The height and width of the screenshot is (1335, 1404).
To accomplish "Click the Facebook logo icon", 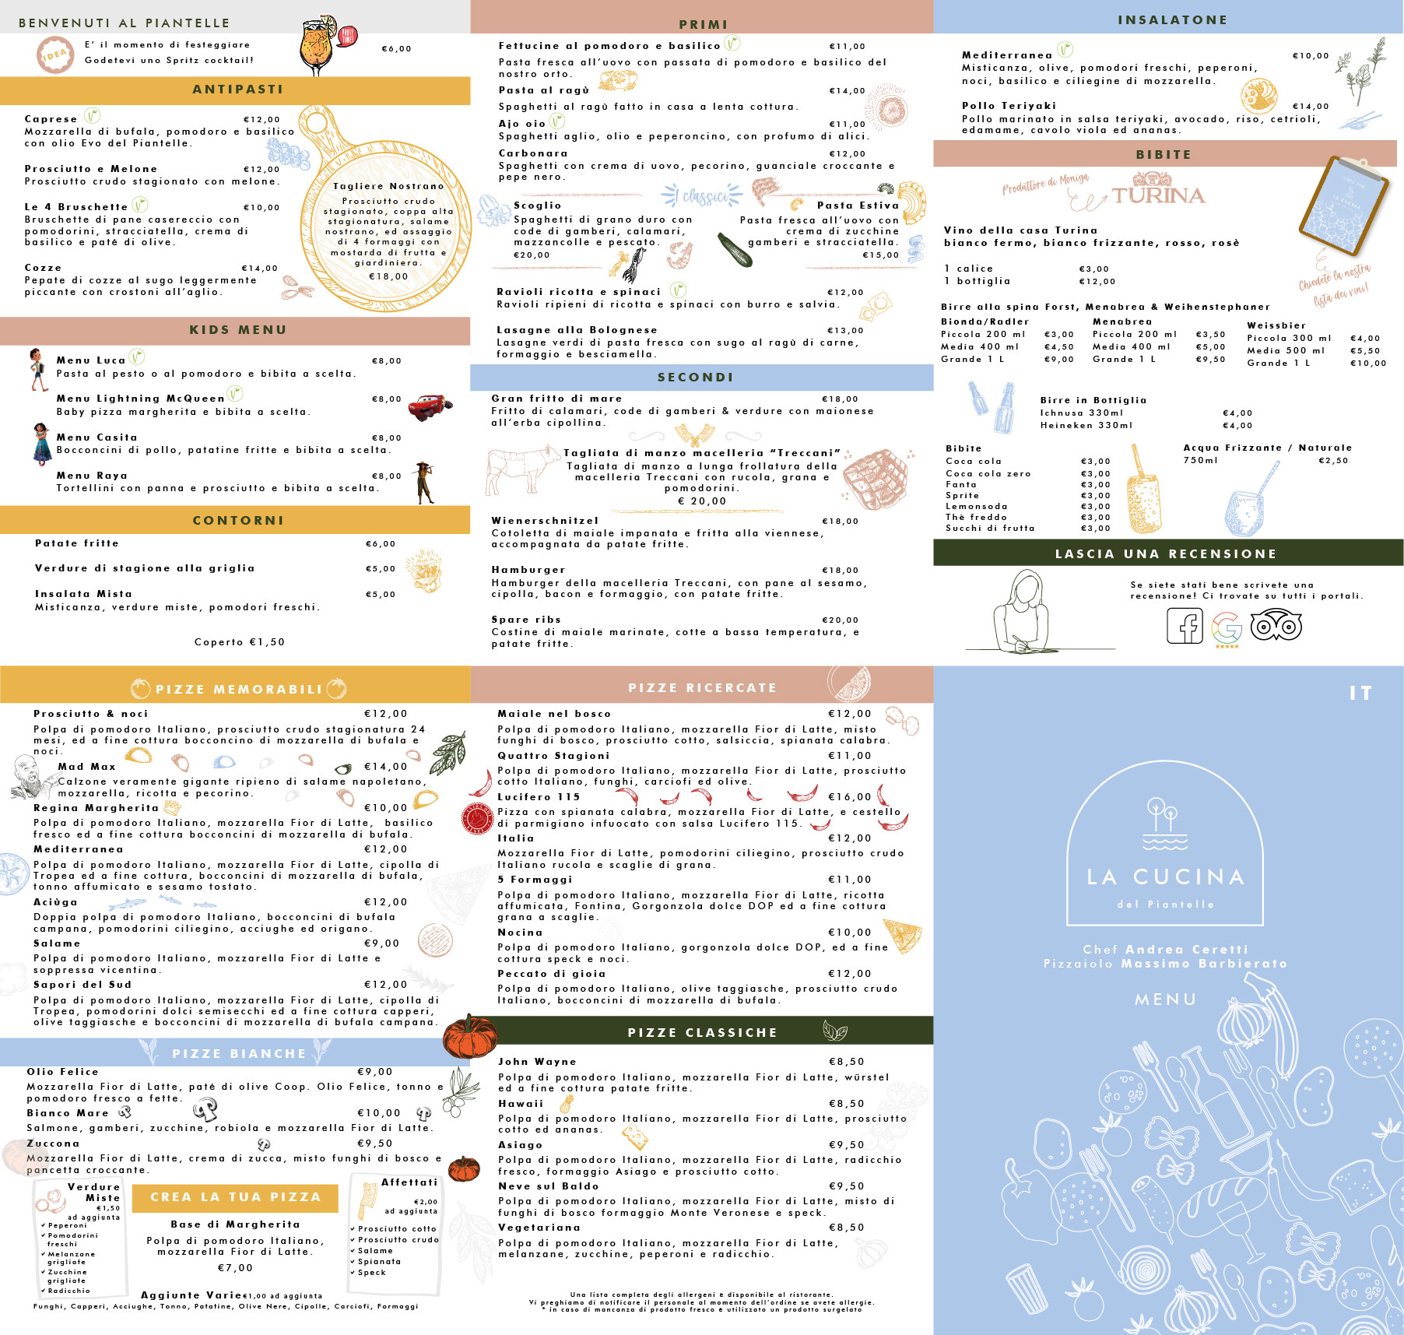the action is [1185, 625].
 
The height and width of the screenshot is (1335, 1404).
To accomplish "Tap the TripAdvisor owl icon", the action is [1276, 625].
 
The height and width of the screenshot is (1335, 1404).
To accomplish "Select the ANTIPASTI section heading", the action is [238, 90].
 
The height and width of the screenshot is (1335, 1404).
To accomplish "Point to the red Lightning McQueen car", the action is [430, 406].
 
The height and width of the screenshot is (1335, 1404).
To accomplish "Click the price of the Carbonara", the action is [848, 154].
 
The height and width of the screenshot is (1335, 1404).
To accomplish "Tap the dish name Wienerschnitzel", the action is [545, 521].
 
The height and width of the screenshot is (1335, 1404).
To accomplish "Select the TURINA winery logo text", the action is [1158, 195].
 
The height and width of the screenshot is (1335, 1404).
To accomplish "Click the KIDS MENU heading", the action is [238, 330].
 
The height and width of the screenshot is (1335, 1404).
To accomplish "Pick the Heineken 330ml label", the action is [1086, 425].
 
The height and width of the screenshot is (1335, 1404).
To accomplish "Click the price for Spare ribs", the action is [841, 620].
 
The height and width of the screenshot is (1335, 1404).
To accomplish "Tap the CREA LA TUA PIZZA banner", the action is [235, 1197].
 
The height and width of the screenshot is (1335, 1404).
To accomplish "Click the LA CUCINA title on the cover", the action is [1166, 877].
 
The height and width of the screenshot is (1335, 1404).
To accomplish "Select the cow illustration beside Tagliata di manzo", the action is [519, 469].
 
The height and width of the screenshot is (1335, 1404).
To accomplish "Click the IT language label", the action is [1360, 693].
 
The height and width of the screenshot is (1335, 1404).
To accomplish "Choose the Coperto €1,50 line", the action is [240, 642].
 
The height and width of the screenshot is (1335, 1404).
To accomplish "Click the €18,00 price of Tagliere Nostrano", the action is [388, 276].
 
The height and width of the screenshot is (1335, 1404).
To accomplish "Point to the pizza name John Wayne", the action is [537, 1062].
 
